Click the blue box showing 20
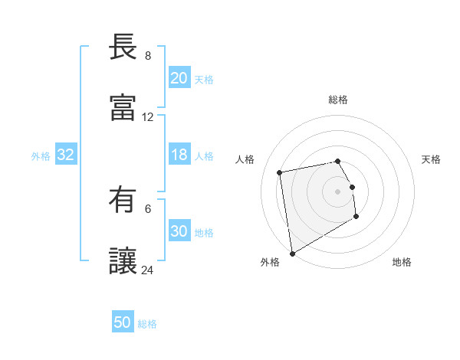pos(179,78)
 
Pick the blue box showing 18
pos(179,155)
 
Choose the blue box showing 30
pos(179,232)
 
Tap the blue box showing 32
pos(66,155)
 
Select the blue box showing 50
pos(123,323)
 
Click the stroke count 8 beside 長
pos(148,56)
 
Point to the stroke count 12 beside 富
pos(148,117)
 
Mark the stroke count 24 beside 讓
pos(148,270)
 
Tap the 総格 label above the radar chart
pos(338,100)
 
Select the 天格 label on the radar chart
pos(432,159)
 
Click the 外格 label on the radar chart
pos(270,262)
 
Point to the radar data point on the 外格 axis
pos(292,254)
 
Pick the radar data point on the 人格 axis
pos(280,172)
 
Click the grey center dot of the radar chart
pos(338,191)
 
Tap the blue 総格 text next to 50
pos(147,324)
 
